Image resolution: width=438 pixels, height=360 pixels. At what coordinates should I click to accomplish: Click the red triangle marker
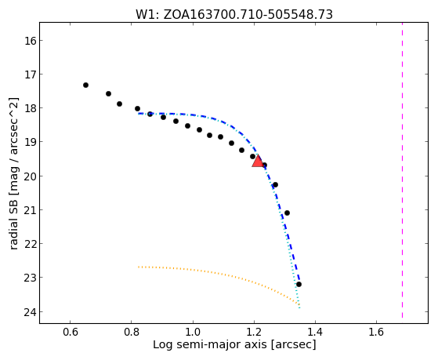(x=258, y=161)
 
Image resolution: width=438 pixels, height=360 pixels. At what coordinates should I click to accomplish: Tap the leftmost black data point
(x=85, y=85)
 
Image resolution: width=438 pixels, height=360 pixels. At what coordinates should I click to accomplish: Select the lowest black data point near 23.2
(x=299, y=284)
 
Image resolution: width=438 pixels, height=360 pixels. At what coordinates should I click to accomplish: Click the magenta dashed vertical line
(x=402, y=170)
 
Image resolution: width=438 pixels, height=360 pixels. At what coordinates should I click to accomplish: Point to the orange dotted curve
(x=223, y=275)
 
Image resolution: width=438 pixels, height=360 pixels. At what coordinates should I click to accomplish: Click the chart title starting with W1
(x=234, y=15)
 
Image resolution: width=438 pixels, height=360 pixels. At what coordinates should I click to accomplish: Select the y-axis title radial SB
(x=14, y=173)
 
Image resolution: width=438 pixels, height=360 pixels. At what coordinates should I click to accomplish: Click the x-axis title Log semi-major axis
(x=234, y=344)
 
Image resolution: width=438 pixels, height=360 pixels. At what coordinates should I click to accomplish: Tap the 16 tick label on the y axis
(x=31, y=41)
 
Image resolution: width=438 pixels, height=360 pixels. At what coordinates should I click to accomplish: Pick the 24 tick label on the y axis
(x=31, y=312)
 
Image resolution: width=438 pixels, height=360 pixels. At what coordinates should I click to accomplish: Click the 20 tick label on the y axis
(x=31, y=176)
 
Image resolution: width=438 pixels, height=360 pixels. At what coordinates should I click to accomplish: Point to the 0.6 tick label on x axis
(x=70, y=332)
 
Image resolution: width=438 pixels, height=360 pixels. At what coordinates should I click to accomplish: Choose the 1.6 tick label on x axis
(x=376, y=332)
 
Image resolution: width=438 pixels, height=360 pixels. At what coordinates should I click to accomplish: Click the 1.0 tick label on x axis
(x=193, y=332)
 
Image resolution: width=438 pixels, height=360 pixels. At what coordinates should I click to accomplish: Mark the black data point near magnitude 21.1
(x=287, y=213)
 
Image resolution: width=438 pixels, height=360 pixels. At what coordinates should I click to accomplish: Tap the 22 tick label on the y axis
(x=31, y=244)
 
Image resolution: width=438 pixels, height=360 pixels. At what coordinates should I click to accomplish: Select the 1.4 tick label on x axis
(x=315, y=332)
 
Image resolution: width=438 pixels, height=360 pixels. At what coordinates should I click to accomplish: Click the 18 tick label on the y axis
(x=31, y=108)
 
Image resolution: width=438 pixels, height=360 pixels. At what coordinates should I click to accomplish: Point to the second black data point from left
(x=108, y=93)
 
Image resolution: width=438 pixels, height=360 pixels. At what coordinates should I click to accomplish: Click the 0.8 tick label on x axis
(x=132, y=332)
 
